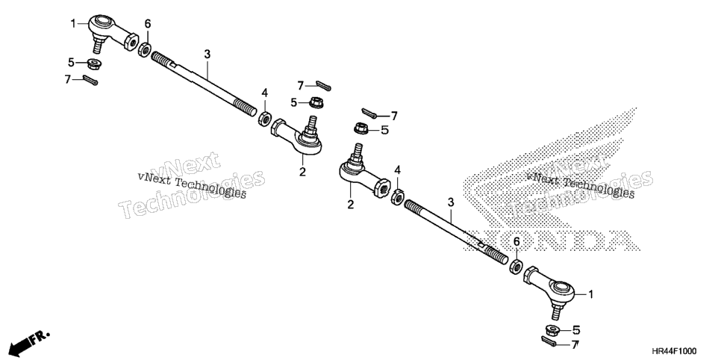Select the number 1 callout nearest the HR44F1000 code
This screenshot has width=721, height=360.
click(x=591, y=294)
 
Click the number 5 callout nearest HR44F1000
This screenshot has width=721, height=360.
click(x=576, y=329)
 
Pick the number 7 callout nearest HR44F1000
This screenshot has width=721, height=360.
click(x=575, y=344)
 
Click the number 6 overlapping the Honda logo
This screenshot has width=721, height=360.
click(x=516, y=242)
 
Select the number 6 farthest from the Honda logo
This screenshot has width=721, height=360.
click(x=148, y=23)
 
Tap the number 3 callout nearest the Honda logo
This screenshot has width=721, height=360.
click(x=451, y=202)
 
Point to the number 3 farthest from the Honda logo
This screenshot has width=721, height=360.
click(x=207, y=55)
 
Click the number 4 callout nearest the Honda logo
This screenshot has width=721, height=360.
click(x=397, y=170)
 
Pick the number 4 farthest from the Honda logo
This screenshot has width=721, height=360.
click(x=264, y=93)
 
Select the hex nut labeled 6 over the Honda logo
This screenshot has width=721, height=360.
click(x=516, y=267)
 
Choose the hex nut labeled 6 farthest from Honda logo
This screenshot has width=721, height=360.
click(x=144, y=49)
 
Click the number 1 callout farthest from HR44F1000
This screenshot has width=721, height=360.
click(x=72, y=23)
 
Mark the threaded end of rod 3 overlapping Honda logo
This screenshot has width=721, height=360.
click(x=494, y=252)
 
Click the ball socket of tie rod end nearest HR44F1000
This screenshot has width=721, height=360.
click(x=562, y=288)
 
